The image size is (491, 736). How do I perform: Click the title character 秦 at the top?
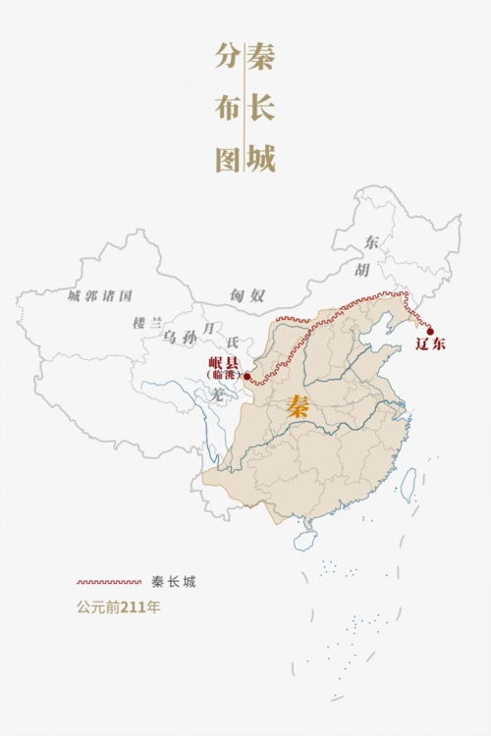click(260, 57)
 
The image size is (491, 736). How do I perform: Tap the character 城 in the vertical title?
click(260, 157)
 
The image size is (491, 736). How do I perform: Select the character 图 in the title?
click(228, 157)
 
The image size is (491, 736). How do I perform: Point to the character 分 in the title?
click(228, 57)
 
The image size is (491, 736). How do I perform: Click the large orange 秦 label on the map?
click(298, 406)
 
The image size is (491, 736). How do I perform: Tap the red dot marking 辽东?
click(429, 331)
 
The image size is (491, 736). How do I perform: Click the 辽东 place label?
click(430, 344)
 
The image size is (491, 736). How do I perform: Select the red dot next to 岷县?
click(246, 375)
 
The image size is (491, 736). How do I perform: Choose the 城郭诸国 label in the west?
click(100, 295)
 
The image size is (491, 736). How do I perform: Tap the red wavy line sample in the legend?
click(109, 582)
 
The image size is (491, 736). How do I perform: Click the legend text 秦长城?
click(174, 582)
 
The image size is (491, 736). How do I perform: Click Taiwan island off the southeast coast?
click(408, 485)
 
